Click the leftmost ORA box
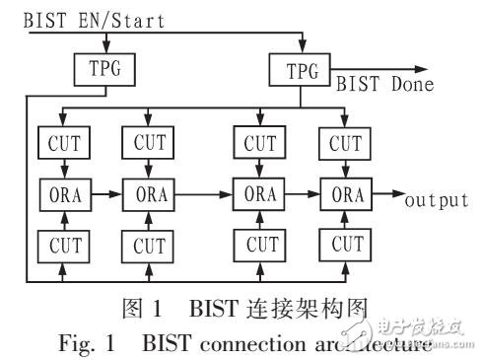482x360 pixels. tap(63, 193)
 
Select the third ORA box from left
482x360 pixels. tap(261, 193)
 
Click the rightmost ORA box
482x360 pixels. tap(346, 193)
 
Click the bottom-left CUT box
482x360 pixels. tap(63, 243)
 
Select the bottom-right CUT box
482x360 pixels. tap(346, 243)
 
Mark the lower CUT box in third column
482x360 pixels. tap(261, 243)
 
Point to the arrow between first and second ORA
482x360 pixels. tap(105, 194)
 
